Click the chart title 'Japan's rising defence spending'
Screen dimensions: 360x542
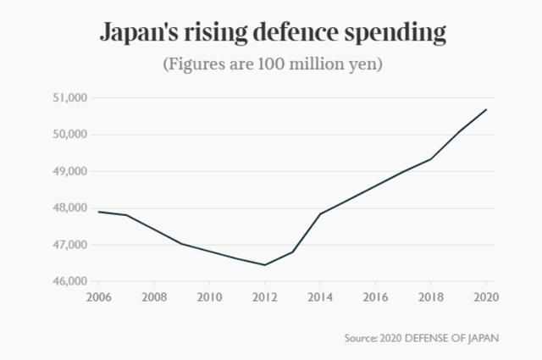(272, 34)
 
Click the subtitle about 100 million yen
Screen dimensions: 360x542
(272, 64)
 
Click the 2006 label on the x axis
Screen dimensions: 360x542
(98, 297)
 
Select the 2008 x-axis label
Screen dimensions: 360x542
(154, 297)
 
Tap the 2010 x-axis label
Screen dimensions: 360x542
(209, 297)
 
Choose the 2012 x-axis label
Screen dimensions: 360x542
(265, 297)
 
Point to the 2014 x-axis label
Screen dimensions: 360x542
(320, 297)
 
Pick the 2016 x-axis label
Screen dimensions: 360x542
(376, 297)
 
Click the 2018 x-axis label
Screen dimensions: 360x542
(431, 297)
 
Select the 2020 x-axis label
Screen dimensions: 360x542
(486, 297)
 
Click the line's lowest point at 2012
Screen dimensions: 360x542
(265, 265)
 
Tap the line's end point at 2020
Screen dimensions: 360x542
(486, 109)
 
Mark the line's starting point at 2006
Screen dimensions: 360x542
(98, 212)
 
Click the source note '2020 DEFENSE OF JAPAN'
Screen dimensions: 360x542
(422, 338)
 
